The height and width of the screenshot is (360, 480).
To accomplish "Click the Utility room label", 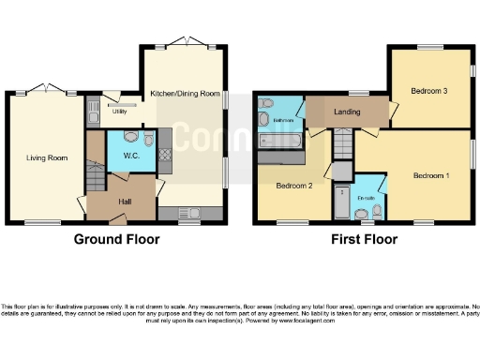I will pyautogui.click(x=119, y=112).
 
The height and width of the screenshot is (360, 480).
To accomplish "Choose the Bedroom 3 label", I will pyautogui.click(x=428, y=91).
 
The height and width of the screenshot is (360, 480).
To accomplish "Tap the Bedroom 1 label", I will pyautogui.click(x=433, y=175).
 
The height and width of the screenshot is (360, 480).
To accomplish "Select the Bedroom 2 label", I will pyautogui.click(x=293, y=186).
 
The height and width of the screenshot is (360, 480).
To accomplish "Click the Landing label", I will pyautogui.click(x=348, y=112).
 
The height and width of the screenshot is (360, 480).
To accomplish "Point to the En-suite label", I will pyautogui.click(x=367, y=198).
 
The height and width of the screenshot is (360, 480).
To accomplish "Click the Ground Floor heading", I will pyautogui.click(x=117, y=240).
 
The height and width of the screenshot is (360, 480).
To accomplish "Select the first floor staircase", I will pyautogui.click(x=344, y=145).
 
